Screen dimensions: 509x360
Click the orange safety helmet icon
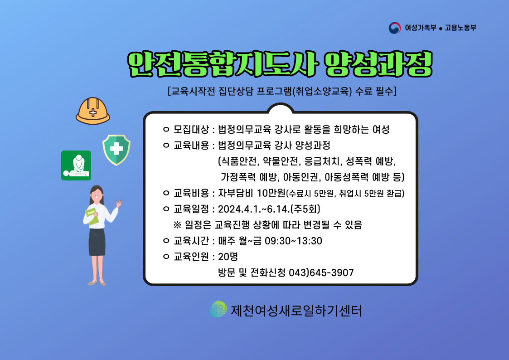[92, 111]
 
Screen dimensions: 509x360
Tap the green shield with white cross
[116, 150]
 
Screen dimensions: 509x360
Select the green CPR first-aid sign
[76, 165]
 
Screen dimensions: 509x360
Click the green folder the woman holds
[92, 216]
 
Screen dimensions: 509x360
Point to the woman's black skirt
[97, 242]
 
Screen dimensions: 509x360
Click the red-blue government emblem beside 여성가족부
[395, 28]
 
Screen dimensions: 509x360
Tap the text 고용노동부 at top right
[461, 28]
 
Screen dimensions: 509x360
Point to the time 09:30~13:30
[293, 241]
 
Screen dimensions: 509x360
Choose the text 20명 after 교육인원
[228, 257]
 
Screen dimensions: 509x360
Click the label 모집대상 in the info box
[191, 130]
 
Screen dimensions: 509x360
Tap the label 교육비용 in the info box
[191, 193]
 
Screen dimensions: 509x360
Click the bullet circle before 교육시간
[166, 241]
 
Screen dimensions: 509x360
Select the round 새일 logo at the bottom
[218, 309]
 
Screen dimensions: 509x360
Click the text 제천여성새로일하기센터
[296, 311]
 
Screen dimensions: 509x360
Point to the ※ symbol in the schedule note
[177, 224]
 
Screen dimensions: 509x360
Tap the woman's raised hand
[119, 204]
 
